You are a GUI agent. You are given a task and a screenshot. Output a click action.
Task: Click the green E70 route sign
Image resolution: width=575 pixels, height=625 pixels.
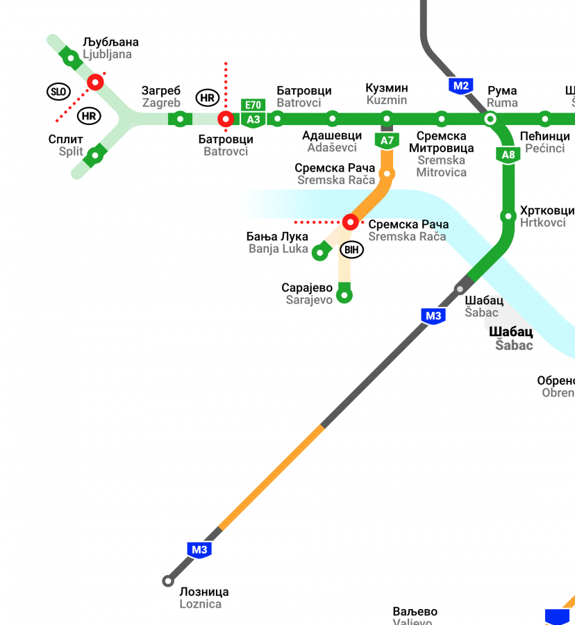click(253, 106)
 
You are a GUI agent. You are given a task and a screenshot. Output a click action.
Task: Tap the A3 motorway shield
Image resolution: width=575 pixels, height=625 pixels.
click(253, 120)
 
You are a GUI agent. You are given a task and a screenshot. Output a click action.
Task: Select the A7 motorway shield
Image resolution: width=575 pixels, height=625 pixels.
click(387, 141)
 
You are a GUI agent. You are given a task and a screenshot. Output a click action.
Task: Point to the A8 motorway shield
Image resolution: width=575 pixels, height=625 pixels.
click(508, 155)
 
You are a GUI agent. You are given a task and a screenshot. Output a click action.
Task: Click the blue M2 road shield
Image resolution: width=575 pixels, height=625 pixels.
click(461, 86)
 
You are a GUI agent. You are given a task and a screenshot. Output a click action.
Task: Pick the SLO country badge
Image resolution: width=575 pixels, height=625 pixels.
click(58, 91)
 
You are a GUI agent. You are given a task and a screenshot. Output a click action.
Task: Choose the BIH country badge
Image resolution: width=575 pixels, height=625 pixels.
click(352, 249)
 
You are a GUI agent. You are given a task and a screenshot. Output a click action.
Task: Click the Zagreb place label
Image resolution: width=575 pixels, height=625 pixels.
click(161, 97)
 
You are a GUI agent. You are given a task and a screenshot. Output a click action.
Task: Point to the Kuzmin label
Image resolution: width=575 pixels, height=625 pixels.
click(387, 94)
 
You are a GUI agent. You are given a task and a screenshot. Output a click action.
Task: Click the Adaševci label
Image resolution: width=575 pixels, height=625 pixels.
click(332, 141)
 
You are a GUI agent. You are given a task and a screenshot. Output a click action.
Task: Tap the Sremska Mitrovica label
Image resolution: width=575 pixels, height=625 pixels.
click(441, 153)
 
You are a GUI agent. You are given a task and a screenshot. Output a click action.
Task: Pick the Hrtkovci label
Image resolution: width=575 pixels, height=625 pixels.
click(547, 217)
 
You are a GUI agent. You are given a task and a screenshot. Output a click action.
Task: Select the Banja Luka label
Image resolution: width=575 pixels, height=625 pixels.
click(278, 242)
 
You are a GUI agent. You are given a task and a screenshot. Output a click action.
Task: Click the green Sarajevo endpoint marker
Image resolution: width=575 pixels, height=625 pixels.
click(344, 296)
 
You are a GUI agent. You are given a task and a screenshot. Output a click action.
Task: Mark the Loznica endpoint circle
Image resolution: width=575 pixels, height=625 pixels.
click(167, 581)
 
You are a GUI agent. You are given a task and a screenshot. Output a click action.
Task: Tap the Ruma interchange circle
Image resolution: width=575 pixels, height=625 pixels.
click(491, 119)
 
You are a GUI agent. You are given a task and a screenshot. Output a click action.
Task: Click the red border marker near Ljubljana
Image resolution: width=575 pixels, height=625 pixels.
click(95, 83)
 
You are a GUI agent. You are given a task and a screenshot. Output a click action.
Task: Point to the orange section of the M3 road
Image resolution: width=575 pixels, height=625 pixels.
click(271, 477)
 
